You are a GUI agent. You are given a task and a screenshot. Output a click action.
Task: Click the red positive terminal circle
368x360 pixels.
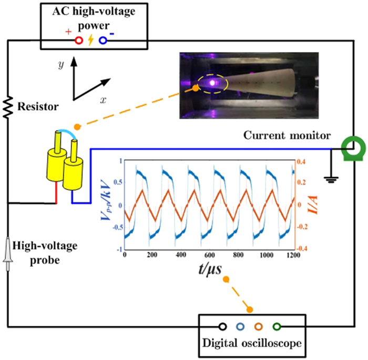coord(79,40)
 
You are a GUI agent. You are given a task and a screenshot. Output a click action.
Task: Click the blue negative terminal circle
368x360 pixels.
coord(103,40)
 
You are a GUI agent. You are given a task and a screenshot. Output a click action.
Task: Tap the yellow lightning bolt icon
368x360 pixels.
coord(90,40)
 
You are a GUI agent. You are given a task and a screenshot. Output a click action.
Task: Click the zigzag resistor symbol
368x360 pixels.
coord(8,107)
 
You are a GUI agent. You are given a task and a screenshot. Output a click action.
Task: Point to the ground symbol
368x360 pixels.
coord(331,180)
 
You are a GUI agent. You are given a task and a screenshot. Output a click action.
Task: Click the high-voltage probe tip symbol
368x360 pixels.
coord(8,253)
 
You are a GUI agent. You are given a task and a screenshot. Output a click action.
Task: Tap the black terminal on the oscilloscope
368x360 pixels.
coord(222,326)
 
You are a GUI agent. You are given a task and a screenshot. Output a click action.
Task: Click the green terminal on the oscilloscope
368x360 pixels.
coord(277,326)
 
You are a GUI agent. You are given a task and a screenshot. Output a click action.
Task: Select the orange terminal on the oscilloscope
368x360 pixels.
coord(259,326)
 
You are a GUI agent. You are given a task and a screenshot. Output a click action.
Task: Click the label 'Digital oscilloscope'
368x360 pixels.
coord(252,343)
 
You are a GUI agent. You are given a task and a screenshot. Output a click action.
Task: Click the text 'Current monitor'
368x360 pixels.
coord(287,136)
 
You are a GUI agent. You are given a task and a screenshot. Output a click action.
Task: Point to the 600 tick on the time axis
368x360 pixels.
coord(210,255)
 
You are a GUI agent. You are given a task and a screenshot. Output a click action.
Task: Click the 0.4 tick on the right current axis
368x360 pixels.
coord(301,162)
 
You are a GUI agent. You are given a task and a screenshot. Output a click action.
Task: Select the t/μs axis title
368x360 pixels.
coord(210,269)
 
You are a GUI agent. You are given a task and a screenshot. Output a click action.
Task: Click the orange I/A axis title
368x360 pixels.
coord(312,204)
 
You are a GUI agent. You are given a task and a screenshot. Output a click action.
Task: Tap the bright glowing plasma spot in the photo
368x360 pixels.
coord(212,83)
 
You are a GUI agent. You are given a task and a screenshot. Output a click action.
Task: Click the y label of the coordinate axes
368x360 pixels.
coord(61,65)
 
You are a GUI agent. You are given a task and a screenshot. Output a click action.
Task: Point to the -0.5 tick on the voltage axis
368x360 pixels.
coord(118,228)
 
